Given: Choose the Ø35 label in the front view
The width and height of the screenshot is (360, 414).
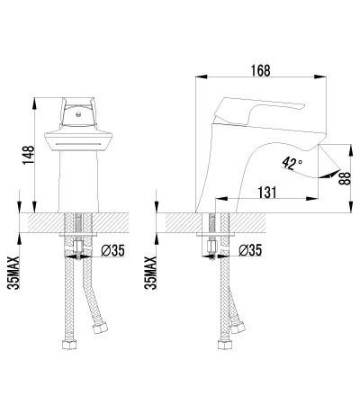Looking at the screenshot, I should (112, 251).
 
